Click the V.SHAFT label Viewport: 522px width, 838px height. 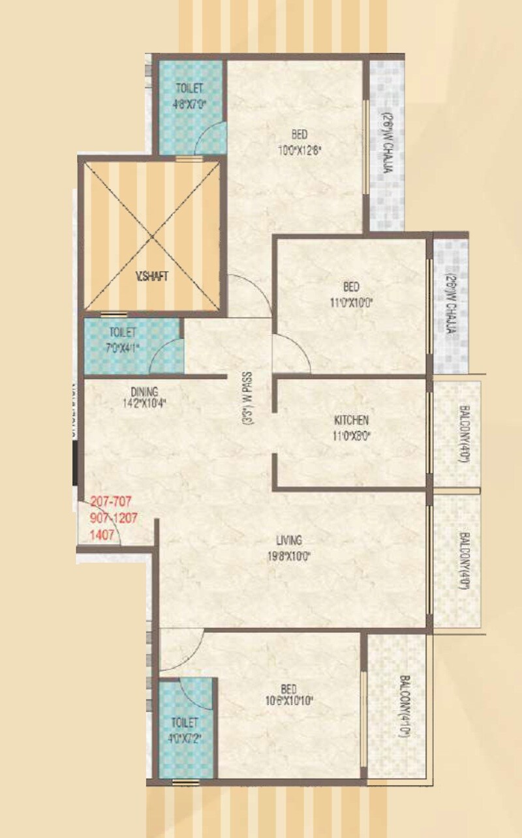pyautogui.click(x=152, y=277)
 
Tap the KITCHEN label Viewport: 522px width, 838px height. pyautogui.click(x=352, y=420)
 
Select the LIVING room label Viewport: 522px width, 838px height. pyautogui.click(x=288, y=541)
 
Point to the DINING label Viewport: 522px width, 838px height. pyautogui.click(x=144, y=392)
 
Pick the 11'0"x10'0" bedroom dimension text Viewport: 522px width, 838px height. pyautogui.click(x=352, y=302)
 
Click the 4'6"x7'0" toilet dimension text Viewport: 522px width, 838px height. pyautogui.click(x=189, y=102)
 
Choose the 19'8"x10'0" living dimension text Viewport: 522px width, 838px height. pyautogui.click(x=288, y=556)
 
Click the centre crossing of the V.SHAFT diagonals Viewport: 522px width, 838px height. pyautogui.click(x=152, y=235)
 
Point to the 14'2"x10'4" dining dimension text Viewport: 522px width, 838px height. pyautogui.click(x=144, y=403)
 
